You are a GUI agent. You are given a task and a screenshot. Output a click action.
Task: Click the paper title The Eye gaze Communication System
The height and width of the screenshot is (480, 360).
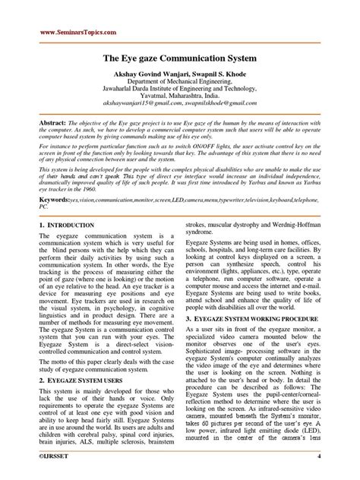click(180, 56)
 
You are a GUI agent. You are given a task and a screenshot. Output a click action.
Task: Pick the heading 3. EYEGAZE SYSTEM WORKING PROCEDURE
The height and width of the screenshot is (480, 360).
click(261, 300)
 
